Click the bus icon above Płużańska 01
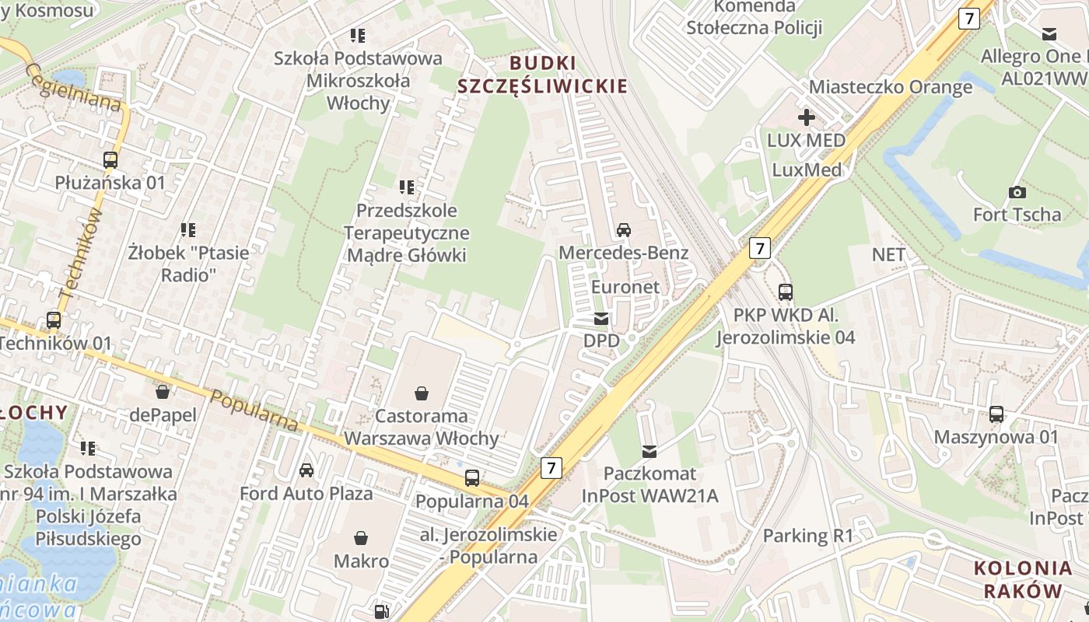110,160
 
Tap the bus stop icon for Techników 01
54,320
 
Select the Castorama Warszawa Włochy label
421,427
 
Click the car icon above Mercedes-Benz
623,229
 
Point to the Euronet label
625,287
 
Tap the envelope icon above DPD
601,319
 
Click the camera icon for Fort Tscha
1017,192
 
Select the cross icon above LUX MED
806,117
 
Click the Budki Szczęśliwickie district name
542,75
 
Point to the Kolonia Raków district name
1023,579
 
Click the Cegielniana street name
74,88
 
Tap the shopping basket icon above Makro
361,538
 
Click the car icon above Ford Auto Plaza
306,470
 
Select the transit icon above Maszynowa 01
996,414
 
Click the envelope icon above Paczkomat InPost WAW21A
650,451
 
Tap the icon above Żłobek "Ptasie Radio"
188,230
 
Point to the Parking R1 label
807,536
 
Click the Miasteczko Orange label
891,86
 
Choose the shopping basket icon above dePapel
163,391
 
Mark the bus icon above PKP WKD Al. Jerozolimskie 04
786,292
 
